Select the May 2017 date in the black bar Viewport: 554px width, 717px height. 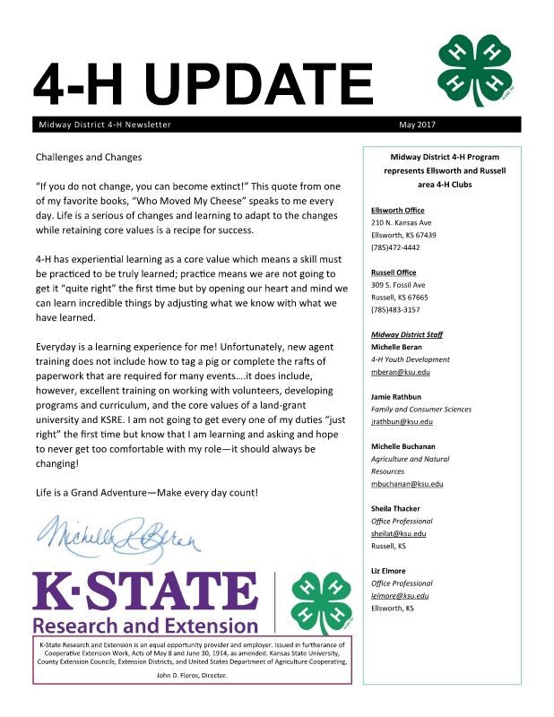pyautogui.click(x=423, y=125)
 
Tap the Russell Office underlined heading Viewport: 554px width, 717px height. pyautogui.click(x=393, y=272)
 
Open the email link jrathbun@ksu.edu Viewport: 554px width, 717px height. pyautogui.click(x=402, y=421)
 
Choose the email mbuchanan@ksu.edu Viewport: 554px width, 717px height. pyautogui.click(x=407, y=484)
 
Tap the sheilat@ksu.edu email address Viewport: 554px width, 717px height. pyautogui.click(x=398, y=533)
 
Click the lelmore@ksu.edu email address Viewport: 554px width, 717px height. pyautogui.click(x=400, y=595)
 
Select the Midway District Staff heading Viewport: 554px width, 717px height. pyautogui.click(x=406, y=334)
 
